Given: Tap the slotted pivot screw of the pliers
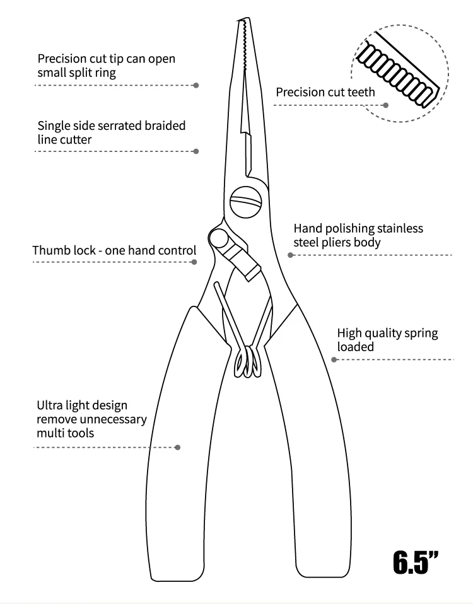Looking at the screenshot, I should [245, 201].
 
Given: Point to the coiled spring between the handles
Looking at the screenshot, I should [248, 362].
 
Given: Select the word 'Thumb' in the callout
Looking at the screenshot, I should [50, 250].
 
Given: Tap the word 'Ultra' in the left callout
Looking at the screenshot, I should [49, 405].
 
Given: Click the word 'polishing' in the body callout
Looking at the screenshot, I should [353, 228].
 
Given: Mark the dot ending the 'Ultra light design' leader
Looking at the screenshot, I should [177, 447].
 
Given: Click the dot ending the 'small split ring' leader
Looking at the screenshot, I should [196, 84].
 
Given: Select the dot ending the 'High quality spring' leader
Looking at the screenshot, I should [334, 359].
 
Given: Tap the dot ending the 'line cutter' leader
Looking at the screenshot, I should [196, 151].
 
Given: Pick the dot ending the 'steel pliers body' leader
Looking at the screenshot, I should [290, 255].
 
